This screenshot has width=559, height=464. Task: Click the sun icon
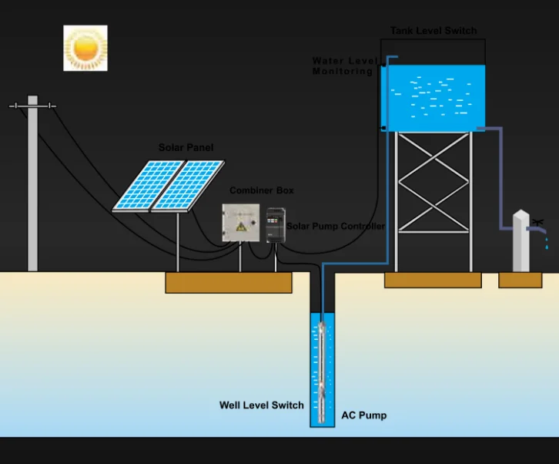click(x=85, y=48)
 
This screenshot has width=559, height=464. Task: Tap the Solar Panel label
click(x=186, y=147)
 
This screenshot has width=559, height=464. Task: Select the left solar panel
click(x=149, y=186)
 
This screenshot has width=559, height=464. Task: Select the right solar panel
click(x=188, y=186)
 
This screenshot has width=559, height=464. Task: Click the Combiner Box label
click(x=261, y=190)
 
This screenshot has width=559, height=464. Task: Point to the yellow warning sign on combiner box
click(x=241, y=226)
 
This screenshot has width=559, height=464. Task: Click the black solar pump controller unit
click(x=276, y=224)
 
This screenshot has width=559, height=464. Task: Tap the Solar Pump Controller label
click(x=336, y=227)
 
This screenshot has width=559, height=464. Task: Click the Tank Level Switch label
click(x=433, y=31)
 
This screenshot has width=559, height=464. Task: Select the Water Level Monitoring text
click(x=343, y=66)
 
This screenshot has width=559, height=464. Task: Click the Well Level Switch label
click(x=261, y=405)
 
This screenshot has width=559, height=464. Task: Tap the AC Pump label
click(x=363, y=415)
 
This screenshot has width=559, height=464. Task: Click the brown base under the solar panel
click(x=229, y=283)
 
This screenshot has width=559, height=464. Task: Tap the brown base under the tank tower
click(x=433, y=281)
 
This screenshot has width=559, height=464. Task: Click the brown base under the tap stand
click(x=520, y=280)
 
